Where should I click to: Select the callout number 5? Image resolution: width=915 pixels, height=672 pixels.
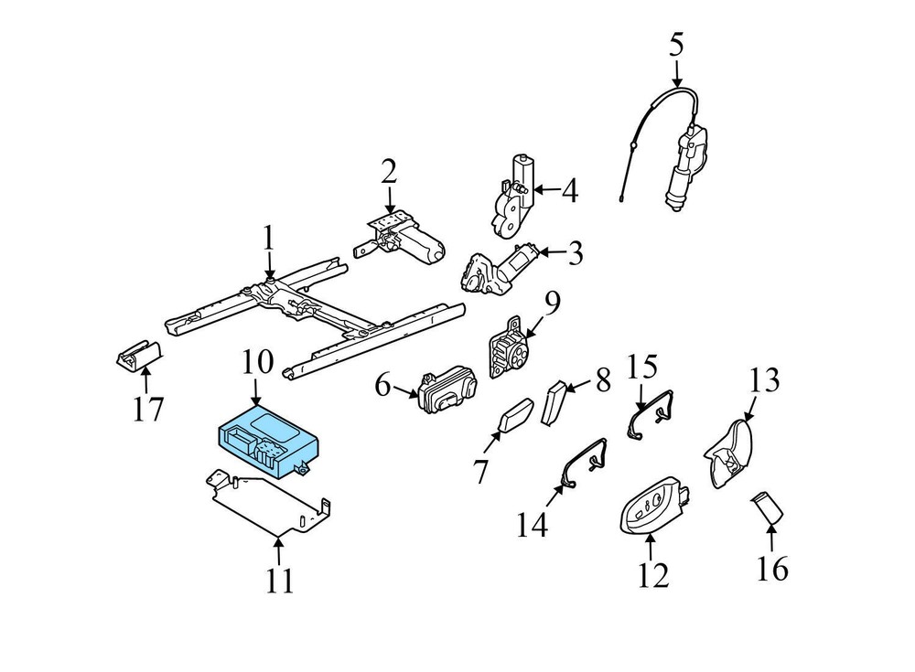(676, 45)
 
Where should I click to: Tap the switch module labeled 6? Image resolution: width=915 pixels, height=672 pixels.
(445, 391)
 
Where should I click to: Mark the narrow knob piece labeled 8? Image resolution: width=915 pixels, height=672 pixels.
(554, 401)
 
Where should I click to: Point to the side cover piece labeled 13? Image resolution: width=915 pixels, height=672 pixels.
(731, 453)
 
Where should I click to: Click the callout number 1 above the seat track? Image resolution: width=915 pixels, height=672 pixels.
(268, 240)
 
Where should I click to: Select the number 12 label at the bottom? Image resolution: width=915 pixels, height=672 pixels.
(653, 574)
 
